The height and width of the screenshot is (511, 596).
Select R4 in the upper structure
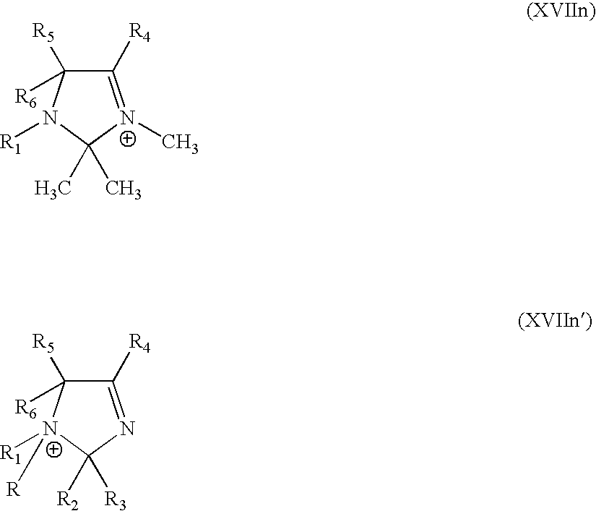point(139,33)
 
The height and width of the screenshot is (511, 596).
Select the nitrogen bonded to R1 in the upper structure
point(51,117)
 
